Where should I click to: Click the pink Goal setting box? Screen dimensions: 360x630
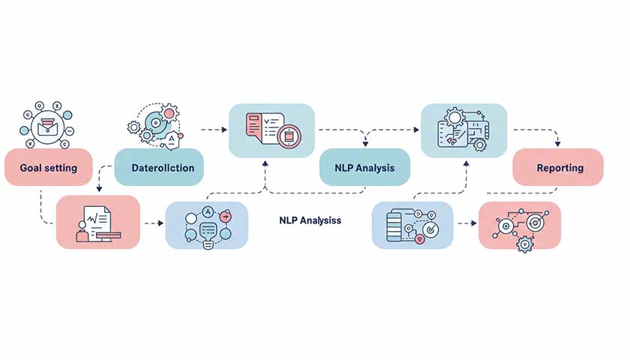pos(48,167)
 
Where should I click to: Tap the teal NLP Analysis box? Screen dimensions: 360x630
pos(364,167)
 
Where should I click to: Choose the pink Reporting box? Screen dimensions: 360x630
pos(559,167)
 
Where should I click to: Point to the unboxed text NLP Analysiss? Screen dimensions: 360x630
pos(310,221)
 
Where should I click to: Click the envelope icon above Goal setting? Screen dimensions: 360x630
pos(47,125)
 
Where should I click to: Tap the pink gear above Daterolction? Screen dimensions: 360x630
pos(169,113)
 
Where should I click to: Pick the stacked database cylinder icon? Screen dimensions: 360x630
pos(394,225)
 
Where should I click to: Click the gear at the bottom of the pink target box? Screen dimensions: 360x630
pos(525,244)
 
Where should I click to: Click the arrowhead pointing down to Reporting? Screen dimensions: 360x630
pos(558,145)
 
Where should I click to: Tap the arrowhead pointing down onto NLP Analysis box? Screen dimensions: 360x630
pos(365,145)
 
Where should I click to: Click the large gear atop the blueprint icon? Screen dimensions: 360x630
pos(455,117)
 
